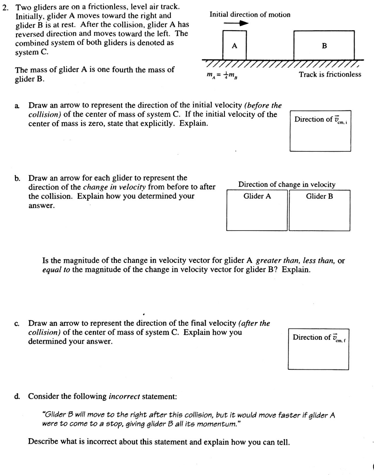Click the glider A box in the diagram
(x=234, y=45)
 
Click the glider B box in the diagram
(x=324, y=45)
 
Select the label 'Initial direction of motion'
(x=250, y=15)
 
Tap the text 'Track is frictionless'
(x=330, y=74)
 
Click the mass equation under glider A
(x=223, y=75)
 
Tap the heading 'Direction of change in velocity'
(x=287, y=184)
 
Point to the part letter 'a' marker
(x=17, y=106)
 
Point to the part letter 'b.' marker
(x=17, y=178)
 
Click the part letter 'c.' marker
(x=17, y=324)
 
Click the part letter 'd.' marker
(x=17, y=397)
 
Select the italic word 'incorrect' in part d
(x=124, y=397)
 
